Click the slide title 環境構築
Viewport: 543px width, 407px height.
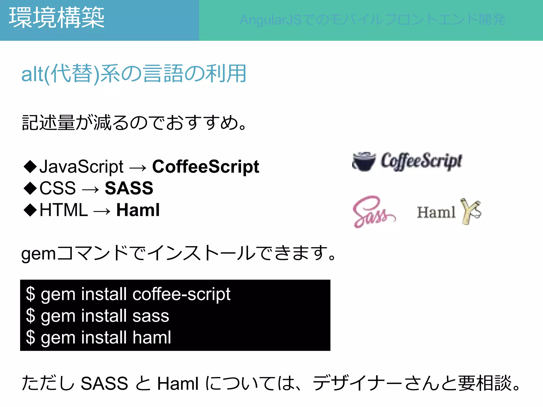(x=56, y=18)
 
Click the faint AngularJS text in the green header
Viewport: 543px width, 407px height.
(x=373, y=20)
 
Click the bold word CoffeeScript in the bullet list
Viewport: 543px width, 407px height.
(x=205, y=167)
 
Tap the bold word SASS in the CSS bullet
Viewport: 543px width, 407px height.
(x=129, y=188)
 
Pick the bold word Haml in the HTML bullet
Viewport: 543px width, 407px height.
(x=138, y=210)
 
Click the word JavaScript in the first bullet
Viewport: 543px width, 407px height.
(x=81, y=167)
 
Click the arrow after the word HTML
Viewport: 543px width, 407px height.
(x=102, y=211)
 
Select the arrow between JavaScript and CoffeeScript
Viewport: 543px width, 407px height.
(x=138, y=168)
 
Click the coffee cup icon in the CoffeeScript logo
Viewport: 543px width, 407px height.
(x=364, y=161)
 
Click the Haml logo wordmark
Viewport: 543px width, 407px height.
(x=436, y=213)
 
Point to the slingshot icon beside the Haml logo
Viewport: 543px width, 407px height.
(x=471, y=211)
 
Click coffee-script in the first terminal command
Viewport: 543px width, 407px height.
(x=181, y=294)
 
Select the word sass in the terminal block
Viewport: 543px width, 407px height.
(x=151, y=316)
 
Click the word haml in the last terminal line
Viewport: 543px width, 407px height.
(x=152, y=337)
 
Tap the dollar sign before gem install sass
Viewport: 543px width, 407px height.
(x=30, y=316)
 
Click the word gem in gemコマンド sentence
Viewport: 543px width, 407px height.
(x=38, y=254)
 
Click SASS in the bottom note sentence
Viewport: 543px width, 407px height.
(x=104, y=383)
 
